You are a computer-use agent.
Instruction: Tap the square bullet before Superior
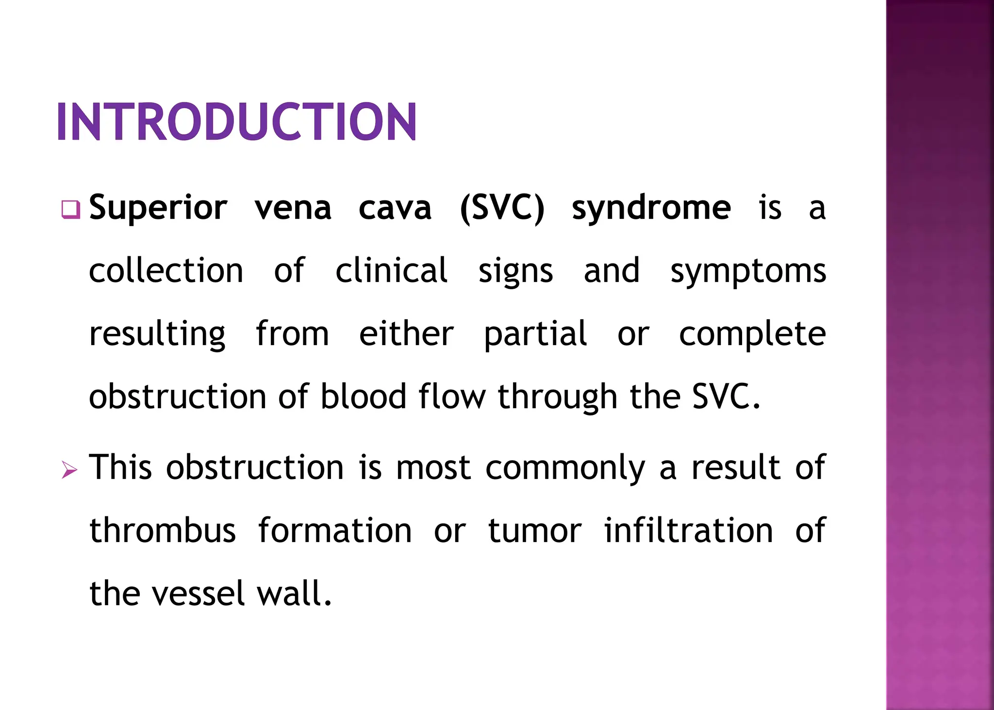[70, 210]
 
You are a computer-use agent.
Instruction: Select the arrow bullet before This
[69, 470]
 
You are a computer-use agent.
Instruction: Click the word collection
[166, 271]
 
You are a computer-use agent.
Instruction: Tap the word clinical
[391, 271]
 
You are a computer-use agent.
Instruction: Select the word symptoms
[748, 272]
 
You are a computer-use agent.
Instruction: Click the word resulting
[157, 335]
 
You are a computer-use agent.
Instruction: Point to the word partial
[535, 335]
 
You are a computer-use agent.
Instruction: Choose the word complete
[752, 335]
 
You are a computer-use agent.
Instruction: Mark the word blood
[363, 397]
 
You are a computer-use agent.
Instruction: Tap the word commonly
[565, 468]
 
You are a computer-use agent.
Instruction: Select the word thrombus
[163, 530]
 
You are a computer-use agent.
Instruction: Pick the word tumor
[534, 530]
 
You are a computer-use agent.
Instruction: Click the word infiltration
[688, 530]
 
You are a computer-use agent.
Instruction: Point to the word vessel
[198, 594]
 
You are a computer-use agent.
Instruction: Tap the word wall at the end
[293, 594]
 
